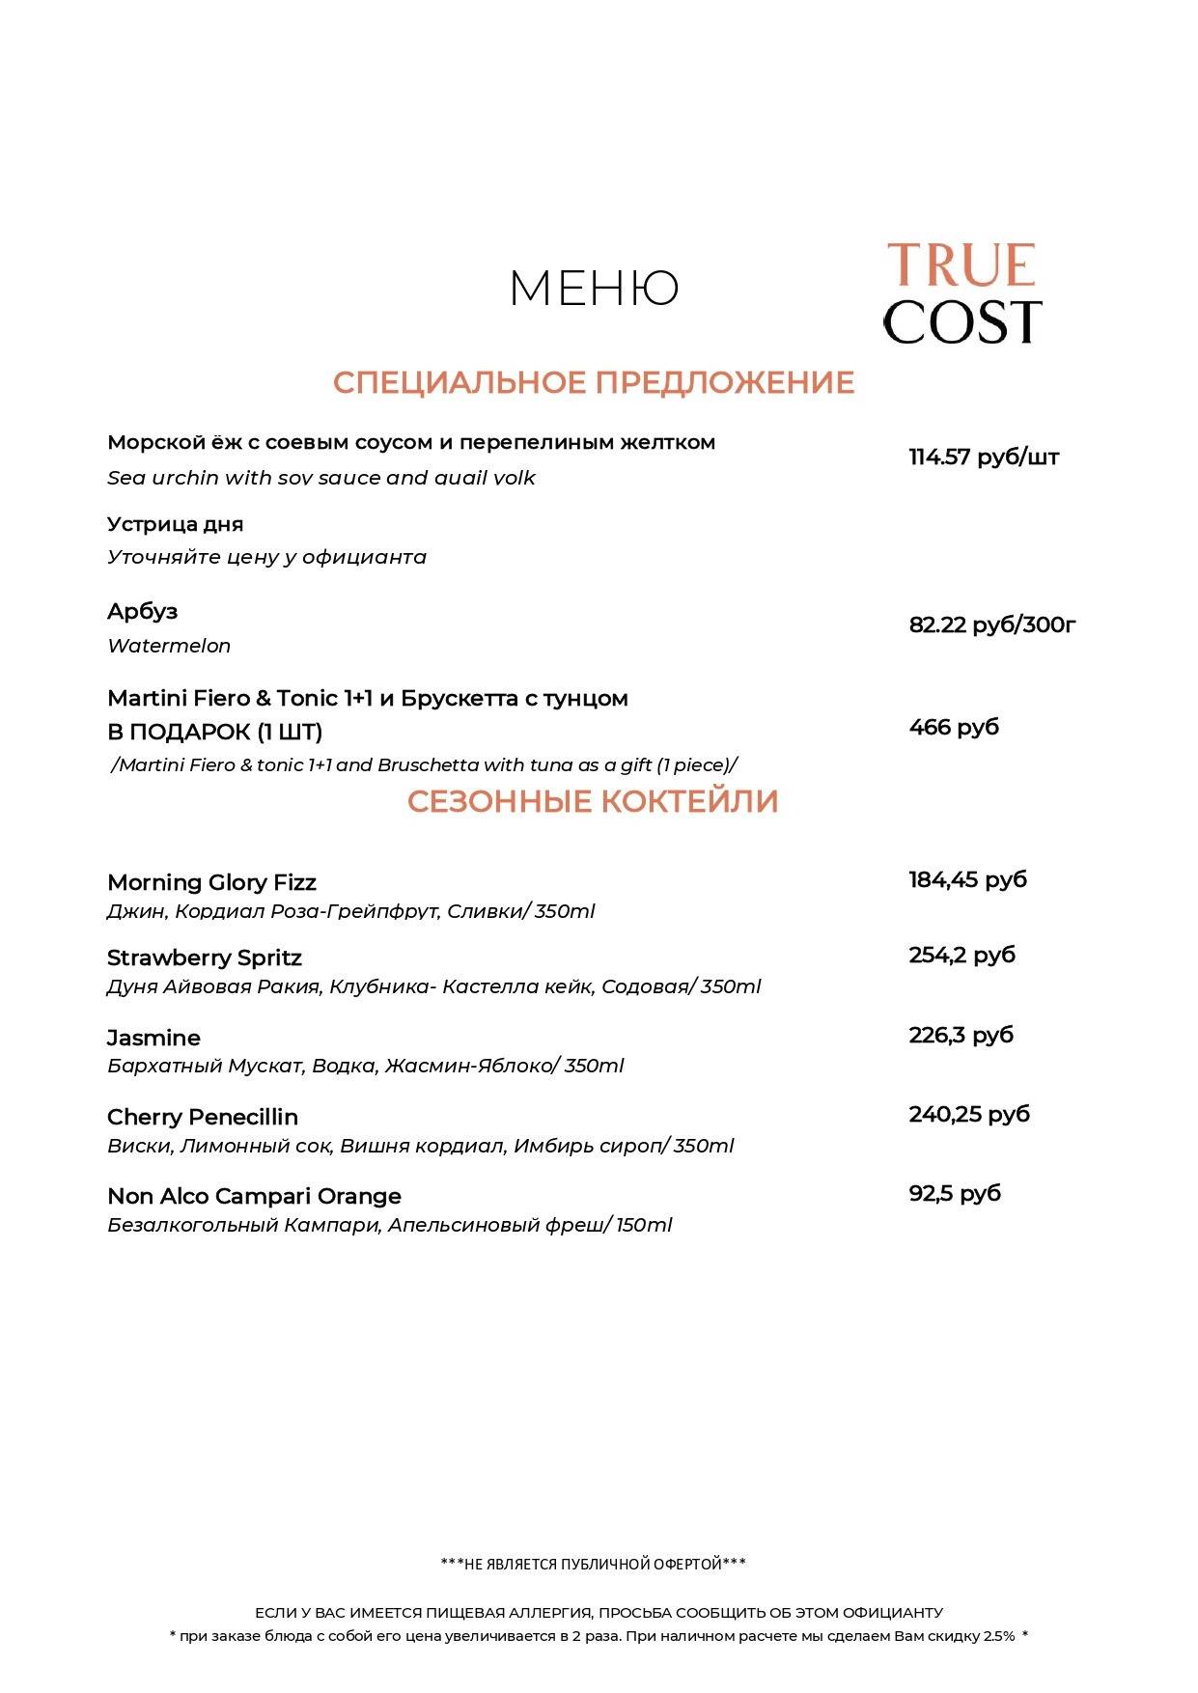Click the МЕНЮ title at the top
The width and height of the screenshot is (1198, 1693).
594,288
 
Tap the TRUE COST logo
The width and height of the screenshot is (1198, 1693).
961,293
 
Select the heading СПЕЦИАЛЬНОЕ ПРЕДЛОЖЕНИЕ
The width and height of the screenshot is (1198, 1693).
594,382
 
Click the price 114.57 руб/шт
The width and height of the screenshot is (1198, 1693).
983,458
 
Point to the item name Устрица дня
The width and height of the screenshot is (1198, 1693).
175,524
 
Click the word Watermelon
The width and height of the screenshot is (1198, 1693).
169,646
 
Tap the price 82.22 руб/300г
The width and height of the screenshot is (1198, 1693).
991,624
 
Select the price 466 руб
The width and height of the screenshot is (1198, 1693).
953,727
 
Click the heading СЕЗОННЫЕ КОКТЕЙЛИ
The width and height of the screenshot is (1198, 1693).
592,801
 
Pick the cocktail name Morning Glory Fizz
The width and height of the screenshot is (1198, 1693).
211,882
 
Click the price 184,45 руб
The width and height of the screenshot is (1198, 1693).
967,879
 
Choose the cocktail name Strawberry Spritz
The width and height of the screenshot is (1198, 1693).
204,958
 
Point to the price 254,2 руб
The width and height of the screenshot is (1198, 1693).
961,955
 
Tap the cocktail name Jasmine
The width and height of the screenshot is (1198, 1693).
153,1038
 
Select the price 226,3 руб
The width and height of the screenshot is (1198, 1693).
961,1035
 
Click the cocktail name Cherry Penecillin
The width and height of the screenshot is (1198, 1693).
203,1117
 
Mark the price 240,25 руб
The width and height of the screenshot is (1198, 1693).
968,1114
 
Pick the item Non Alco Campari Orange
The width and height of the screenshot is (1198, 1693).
254,1196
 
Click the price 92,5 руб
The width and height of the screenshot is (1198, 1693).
954,1193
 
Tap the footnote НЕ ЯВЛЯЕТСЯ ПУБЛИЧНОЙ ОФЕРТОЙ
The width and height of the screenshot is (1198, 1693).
593,1564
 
